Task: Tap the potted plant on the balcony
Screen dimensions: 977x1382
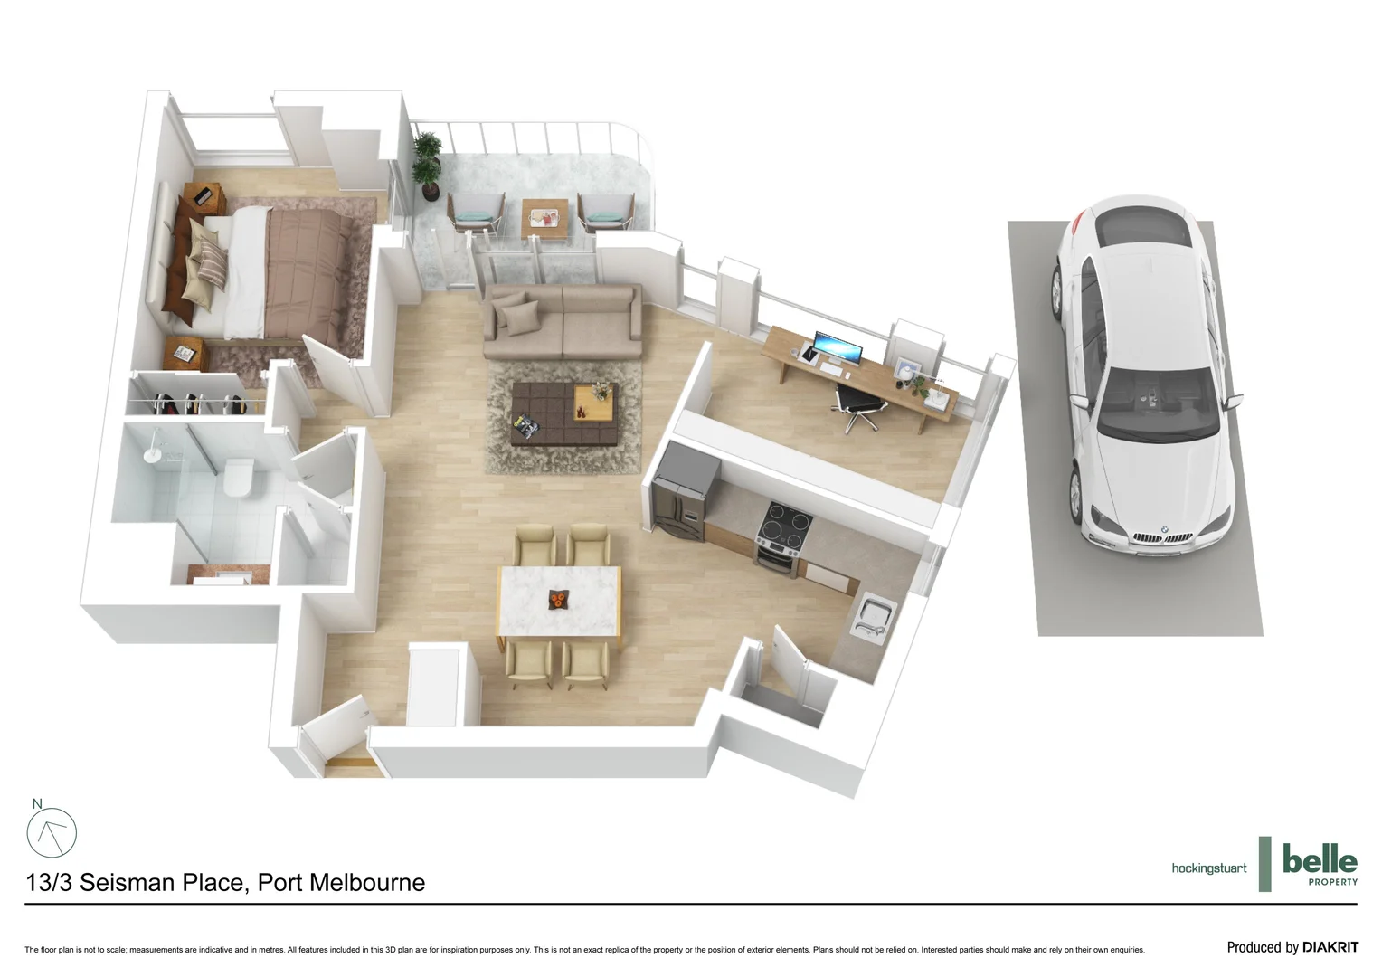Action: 427,164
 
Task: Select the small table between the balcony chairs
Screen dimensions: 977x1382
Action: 544,218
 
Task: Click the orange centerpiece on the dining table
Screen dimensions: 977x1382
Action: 558,599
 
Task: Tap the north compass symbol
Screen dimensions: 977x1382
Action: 52,832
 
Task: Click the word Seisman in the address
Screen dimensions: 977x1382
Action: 161,883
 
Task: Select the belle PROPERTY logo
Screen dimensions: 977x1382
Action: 1319,863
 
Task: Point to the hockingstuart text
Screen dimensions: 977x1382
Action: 1208,868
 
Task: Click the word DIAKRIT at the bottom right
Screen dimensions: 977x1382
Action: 1330,947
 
